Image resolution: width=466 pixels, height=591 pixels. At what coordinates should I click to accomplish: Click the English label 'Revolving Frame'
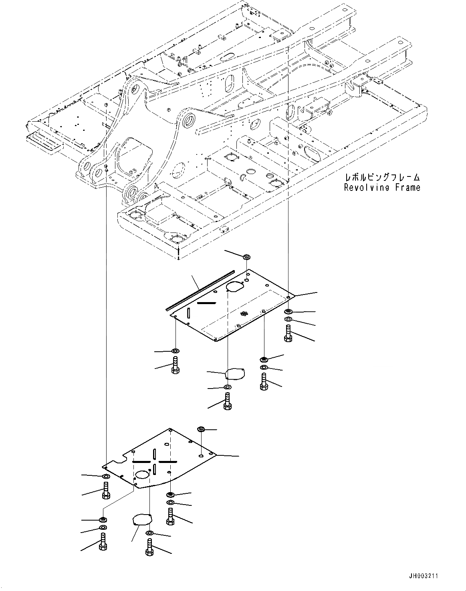[x=382, y=187]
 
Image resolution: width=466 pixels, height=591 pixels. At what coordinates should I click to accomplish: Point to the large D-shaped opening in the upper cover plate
[x=235, y=286]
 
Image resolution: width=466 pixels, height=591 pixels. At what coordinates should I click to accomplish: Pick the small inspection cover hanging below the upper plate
[x=235, y=374]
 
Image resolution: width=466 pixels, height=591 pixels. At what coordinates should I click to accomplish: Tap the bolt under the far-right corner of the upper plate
[x=288, y=333]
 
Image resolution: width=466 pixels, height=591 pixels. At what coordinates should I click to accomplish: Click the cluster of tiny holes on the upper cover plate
[x=242, y=315]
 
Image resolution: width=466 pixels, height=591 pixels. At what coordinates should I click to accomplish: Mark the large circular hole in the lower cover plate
[x=142, y=475]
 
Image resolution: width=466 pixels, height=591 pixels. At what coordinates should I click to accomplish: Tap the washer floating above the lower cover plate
[x=201, y=429]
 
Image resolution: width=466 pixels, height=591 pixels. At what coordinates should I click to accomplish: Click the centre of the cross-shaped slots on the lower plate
[x=154, y=461]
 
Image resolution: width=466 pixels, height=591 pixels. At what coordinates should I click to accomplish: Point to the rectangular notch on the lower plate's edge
[x=128, y=457]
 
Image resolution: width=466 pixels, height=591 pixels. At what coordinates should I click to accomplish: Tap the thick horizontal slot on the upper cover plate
[x=207, y=304]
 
